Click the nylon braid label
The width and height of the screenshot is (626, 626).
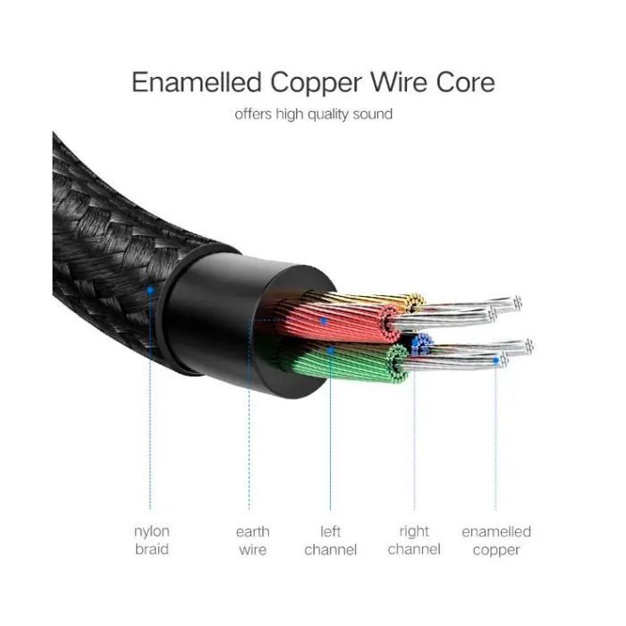click(151, 540)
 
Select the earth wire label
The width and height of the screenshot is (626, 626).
click(252, 540)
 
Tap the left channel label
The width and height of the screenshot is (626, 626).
click(330, 540)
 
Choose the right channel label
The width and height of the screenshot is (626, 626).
click(414, 540)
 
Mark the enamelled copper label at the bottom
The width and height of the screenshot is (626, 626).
click(495, 540)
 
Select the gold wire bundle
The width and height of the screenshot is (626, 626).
click(385, 300)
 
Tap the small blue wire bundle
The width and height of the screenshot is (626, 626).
click(419, 341)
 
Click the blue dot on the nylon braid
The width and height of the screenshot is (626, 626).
click(151, 289)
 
